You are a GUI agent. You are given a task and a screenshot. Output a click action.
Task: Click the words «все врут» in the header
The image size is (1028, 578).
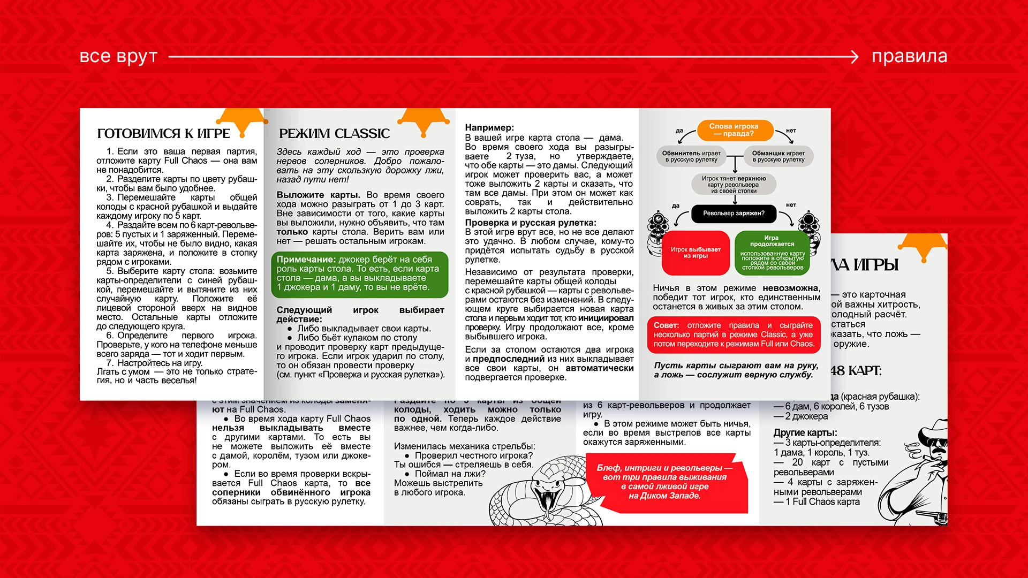pos(118,56)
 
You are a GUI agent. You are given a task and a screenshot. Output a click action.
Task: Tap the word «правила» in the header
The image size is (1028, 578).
pos(909,56)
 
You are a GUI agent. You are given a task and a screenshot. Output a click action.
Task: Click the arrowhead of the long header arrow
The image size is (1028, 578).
pos(855,57)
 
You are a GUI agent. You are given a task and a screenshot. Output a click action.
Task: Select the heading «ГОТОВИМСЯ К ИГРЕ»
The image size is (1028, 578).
pos(163,133)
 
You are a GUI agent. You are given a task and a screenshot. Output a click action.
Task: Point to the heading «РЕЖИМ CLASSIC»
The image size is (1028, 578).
pos(334,133)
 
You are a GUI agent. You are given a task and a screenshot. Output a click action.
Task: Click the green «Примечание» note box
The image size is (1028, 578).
pos(359,274)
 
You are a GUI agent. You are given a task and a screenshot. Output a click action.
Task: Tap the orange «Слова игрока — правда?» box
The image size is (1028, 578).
pos(734,130)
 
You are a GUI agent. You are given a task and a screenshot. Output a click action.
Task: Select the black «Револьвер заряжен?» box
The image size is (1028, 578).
pos(734,214)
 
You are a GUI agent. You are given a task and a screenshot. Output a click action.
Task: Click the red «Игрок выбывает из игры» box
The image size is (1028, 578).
pos(696,253)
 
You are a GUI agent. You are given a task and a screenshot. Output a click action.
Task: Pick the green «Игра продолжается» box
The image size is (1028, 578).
pos(772,253)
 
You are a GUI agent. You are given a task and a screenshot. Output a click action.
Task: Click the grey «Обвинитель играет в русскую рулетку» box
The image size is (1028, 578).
pos(691,156)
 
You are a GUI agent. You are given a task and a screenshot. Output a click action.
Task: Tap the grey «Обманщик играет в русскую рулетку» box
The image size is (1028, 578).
pos(778,156)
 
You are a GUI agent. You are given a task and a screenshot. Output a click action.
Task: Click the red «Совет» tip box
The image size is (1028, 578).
pos(734,335)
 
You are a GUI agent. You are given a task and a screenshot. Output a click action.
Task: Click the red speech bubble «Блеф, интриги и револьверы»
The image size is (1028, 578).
pos(664,482)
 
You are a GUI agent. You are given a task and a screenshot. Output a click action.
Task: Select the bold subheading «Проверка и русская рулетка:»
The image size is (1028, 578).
pos(530,223)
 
